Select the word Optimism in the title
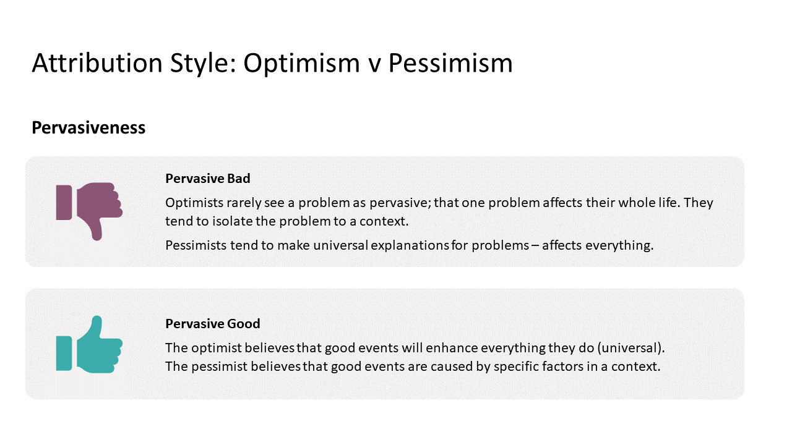[301, 63]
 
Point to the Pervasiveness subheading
[88, 128]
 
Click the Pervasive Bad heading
[208, 179]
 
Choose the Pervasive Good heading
[213, 324]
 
